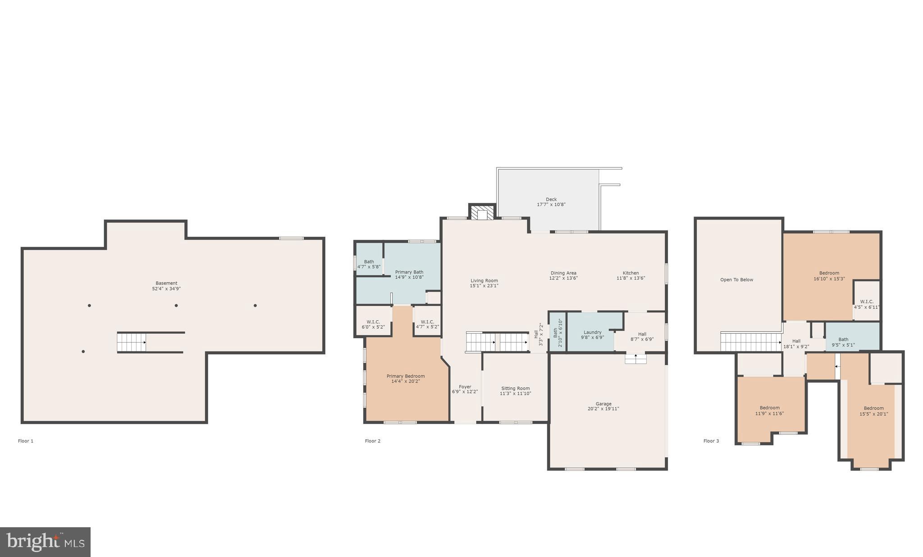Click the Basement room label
pos(166,283)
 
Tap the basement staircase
pos(132,342)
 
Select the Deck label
pos(551,199)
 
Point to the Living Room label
pos(484,281)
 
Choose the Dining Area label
pos(563,273)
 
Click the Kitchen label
pos(631,273)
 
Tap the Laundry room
pos(592,332)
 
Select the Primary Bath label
pos(409,272)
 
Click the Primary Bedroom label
pos(406,376)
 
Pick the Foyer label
pos(465,387)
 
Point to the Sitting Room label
pos(515,388)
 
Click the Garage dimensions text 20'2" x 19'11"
pos(603,409)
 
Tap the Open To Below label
pos(736,280)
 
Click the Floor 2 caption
pos(373,441)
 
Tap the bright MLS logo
pos(45,542)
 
